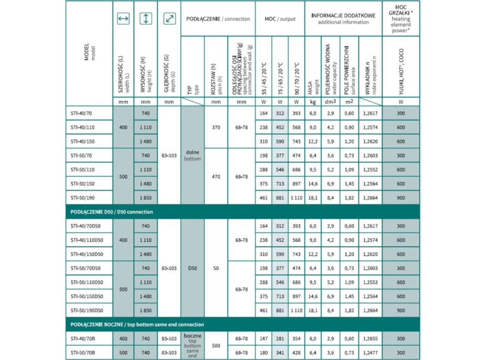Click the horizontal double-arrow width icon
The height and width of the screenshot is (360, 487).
pos(123,19)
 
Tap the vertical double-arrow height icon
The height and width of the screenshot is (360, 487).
pos(146,19)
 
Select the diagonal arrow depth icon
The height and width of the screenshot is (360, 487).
pos(169,19)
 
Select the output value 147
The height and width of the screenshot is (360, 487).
pos(263,338)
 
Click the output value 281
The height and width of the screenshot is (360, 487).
pos(280,338)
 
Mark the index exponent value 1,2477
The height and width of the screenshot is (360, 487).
pos(370,353)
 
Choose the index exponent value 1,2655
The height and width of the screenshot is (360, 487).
pos(370,338)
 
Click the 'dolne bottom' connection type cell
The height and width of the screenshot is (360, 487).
pos(193,155)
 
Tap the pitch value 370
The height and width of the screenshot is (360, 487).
pos(215,127)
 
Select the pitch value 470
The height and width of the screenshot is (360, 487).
pos(215,177)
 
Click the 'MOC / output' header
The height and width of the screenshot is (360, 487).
pos(280,19)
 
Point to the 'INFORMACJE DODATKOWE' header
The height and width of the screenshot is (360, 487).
pos(344,16)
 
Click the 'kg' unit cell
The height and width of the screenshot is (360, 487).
pos(313,102)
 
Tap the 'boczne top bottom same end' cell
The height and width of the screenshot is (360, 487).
pos(193,345)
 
